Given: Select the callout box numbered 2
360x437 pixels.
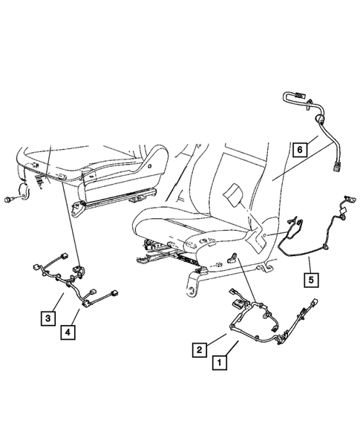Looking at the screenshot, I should (200, 347).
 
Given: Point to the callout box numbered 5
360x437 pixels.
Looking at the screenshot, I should (309, 280).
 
